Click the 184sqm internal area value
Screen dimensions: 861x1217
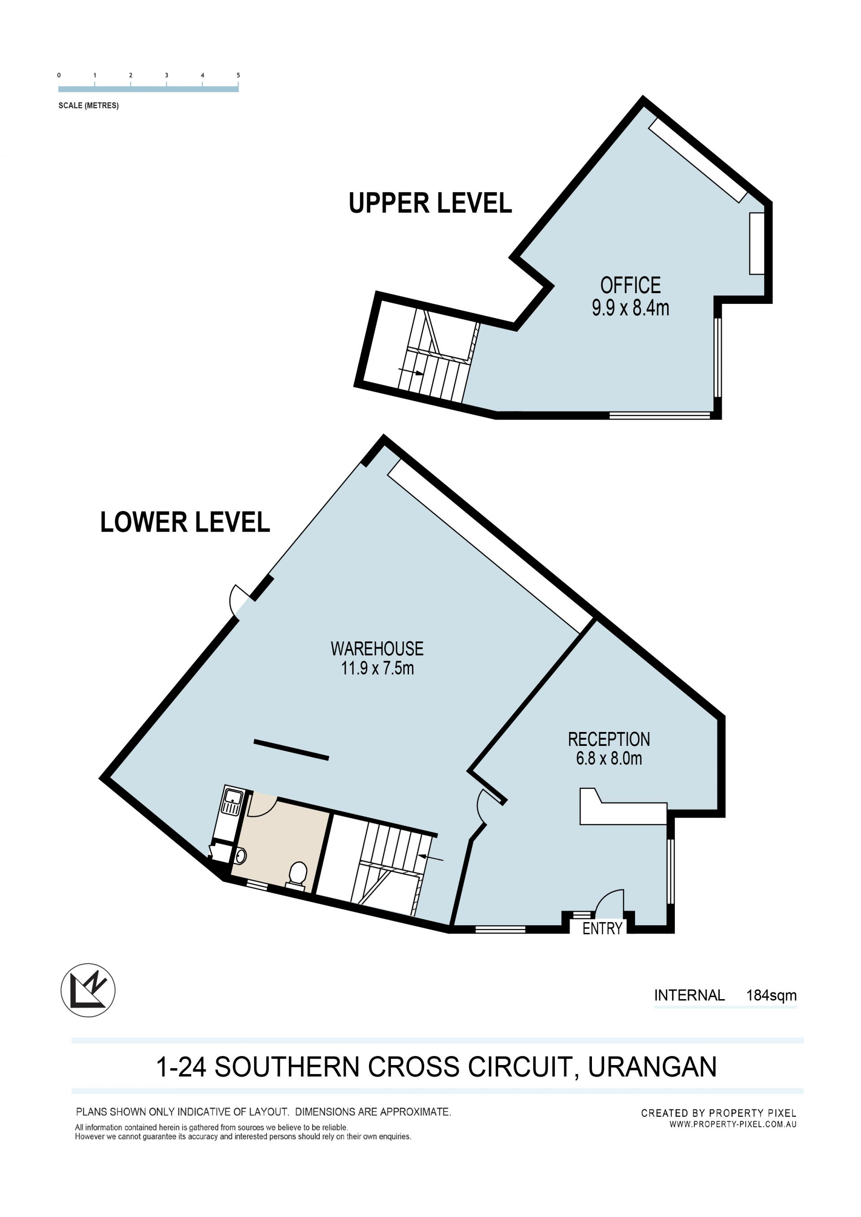[771, 996]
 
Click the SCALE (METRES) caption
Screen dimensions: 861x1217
[88, 105]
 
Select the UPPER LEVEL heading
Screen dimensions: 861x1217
[430, 203]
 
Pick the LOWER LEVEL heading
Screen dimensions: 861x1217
[185, 522]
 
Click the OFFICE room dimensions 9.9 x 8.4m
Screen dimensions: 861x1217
[631, 308]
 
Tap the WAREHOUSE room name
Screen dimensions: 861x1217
[377, 649]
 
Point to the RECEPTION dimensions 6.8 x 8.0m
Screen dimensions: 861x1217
[609, 758]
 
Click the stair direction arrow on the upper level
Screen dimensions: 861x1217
[411, 372]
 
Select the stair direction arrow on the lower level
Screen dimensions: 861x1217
[430, 857]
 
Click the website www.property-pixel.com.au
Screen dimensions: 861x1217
[733, 1124]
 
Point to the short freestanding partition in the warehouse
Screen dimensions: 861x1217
[291, 750]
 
